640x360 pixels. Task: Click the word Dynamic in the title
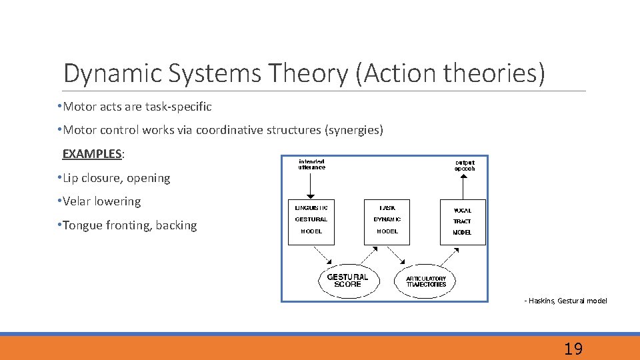tap(112, 74)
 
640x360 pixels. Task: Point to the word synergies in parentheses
tap(353, 130)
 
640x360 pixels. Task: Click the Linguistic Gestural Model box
tap(311, 222)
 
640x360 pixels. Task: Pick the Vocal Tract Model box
tap(462, 222)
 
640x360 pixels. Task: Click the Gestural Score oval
tap(347, 280)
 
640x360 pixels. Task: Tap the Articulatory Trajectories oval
tap(426, 281)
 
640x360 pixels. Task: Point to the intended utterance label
tap(311, 165)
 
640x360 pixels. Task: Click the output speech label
tap(465, 165)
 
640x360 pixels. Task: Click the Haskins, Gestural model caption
tap(566, 301)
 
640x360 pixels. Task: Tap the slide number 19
tap(573, 348)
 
